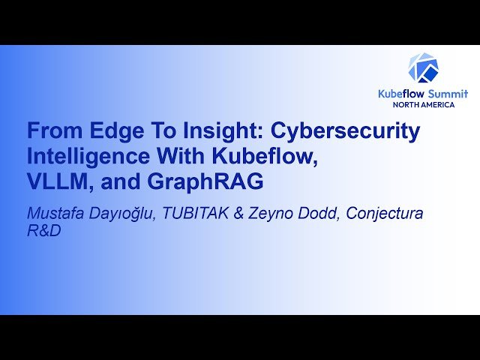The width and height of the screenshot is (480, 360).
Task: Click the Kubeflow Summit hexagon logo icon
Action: pos(423,67)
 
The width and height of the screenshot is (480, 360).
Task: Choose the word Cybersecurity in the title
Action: pos(345,131)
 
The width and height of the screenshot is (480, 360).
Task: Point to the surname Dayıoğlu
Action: pos(120,214)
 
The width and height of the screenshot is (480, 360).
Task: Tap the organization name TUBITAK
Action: pos(193,214)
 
